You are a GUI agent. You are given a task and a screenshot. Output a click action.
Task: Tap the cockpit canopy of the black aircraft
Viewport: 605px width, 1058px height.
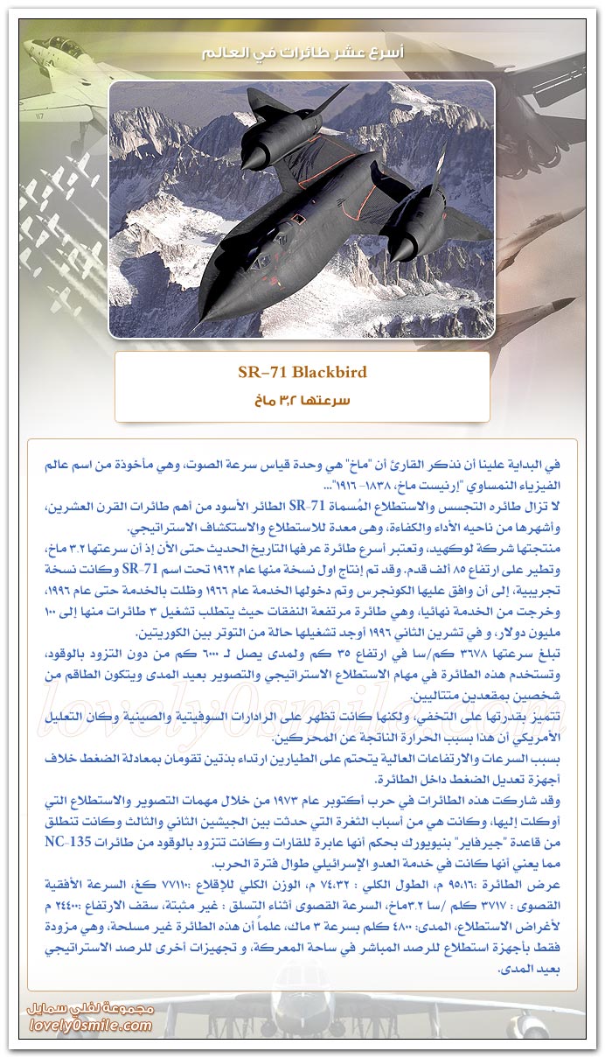point(229,278)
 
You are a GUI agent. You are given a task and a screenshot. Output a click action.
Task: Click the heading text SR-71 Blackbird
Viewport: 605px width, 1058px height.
point(302,372)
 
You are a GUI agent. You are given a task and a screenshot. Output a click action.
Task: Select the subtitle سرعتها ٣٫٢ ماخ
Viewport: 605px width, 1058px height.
point(302,401)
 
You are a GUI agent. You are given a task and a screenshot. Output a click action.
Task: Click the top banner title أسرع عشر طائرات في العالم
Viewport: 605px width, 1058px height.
point(302,53)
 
